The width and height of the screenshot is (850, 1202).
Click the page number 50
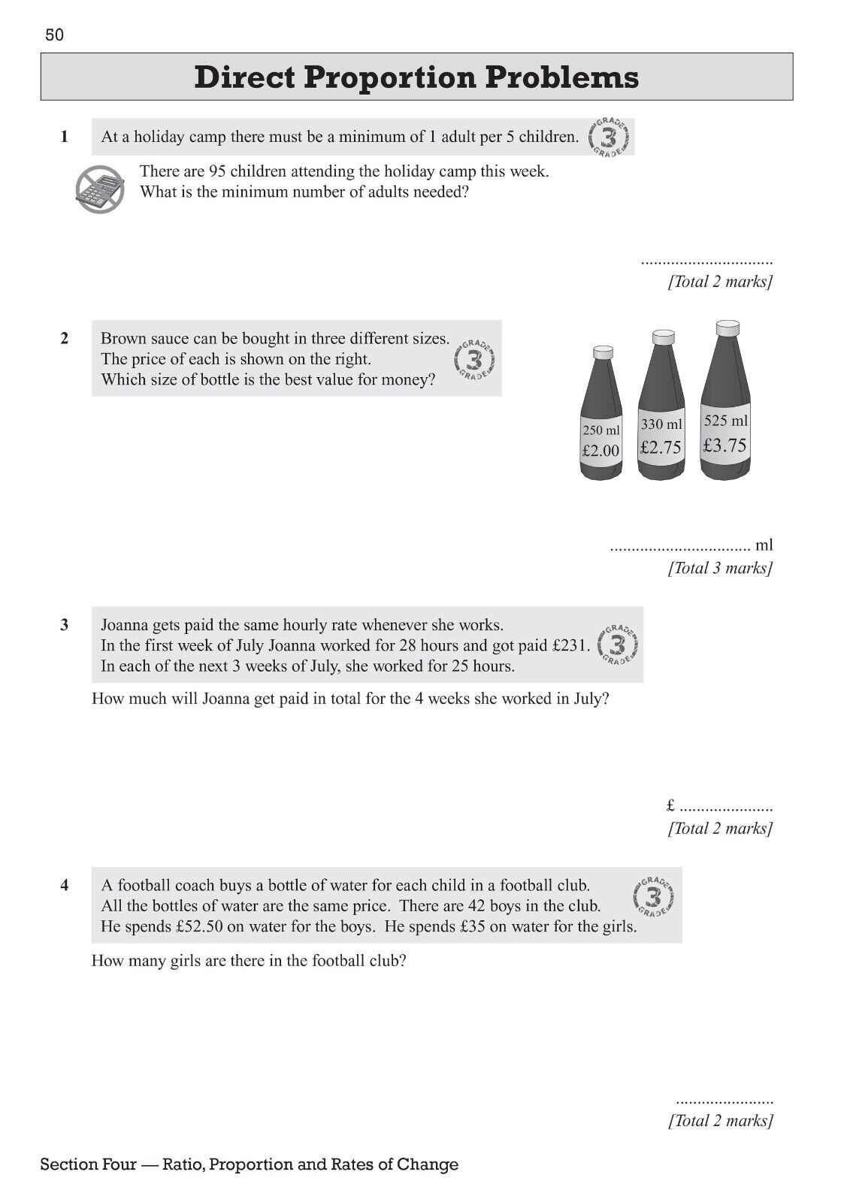click(x=55, y=35)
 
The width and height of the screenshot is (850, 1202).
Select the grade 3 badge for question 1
click(x=610, y=137)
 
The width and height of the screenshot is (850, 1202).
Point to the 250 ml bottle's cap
click(x=603, y=351)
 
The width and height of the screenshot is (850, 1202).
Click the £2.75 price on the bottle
click(x=661, y=448)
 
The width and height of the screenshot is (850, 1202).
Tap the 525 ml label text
click(x=725, y=421)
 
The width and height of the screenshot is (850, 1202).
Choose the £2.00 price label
click(x=600, y=451)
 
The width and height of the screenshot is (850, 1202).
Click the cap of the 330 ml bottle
click(x=662, y=337)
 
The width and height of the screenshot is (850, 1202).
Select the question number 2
click(x=65, y=339)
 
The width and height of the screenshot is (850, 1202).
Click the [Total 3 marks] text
click(x=720, y=568)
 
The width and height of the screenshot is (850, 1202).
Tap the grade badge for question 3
click(x=619, y=645)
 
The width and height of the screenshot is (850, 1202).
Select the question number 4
click(x=65, y=886)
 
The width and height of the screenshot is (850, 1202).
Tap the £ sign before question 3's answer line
click(x=671, y=807)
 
